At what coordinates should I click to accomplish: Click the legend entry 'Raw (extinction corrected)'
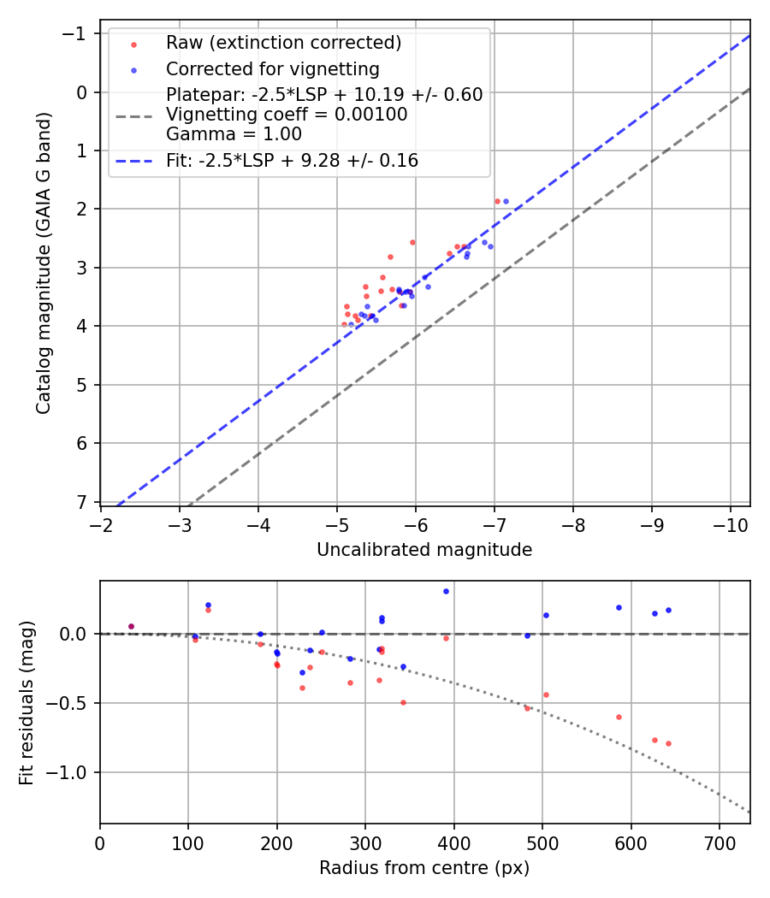pyautogui.click(x=283, y=43)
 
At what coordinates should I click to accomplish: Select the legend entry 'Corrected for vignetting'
pyautogui.click(x=272, y=68)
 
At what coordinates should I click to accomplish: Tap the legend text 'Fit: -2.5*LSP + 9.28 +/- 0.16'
pyautogui.click(x=292, y=160)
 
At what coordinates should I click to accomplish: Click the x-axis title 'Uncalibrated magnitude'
pyautogui.click(x=424, y=550)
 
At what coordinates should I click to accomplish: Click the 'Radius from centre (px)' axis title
pyautogui.click(x=424, y=868)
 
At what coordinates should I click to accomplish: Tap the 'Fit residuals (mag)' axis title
pyautogui.click(x=27, y=703)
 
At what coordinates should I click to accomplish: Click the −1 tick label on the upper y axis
pyautogui.click(x=76, y=33)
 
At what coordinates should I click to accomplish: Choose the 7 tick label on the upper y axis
pyautogui.click(x=81, y=502)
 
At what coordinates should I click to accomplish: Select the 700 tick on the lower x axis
pyautogui.click(x=719, y=842)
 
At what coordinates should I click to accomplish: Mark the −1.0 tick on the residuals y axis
pyautogui.click(x=68, y=772)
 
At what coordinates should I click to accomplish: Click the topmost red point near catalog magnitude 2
pyautogui.click(x=497, y=201)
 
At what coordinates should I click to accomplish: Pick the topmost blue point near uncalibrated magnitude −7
pyautogui.click(x=506, y=201)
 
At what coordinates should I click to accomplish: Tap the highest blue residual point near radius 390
pyautogui.click(x=446, y=591)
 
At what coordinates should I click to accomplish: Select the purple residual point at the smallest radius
pyautogui.click(x=131, y=626)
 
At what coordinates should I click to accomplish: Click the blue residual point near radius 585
pyautogui.click(x=619, y=607)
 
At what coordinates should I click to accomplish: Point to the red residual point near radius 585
pyautogui.click(x=619, y=717)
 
